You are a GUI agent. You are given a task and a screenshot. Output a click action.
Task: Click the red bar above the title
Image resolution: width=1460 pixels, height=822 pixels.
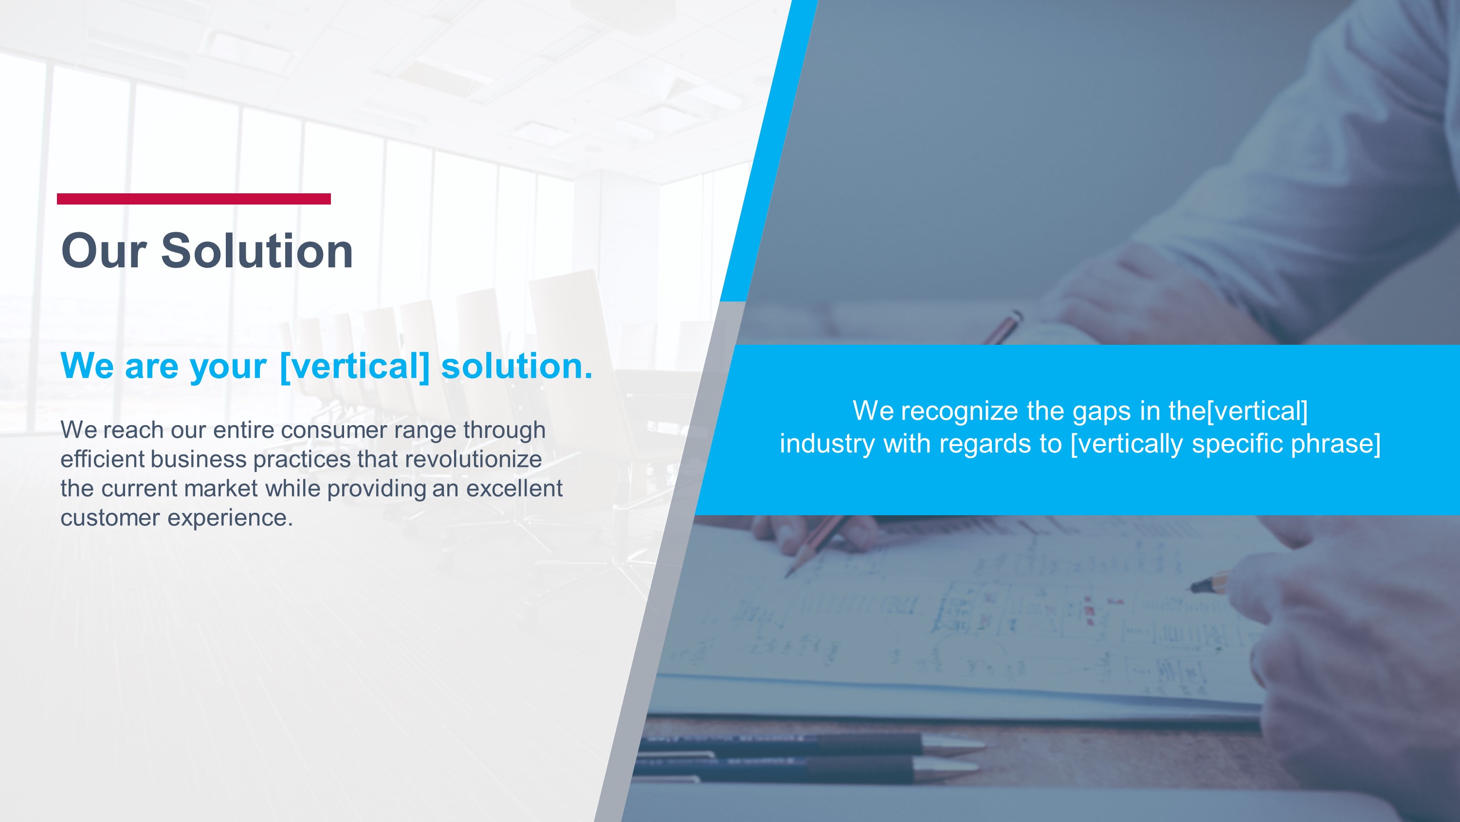(193, 199)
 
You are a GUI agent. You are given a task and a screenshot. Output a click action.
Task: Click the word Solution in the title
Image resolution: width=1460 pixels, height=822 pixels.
(257, 251)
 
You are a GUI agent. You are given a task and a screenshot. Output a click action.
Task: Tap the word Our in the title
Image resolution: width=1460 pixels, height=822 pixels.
(104, 251)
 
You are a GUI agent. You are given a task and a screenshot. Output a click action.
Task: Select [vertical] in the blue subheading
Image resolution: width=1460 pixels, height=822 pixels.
(355, 366)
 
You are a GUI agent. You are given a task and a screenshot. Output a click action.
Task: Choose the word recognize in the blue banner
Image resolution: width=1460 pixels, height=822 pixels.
(960, 411)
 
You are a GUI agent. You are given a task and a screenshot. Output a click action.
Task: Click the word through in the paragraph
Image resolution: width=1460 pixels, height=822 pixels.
(504, 430)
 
